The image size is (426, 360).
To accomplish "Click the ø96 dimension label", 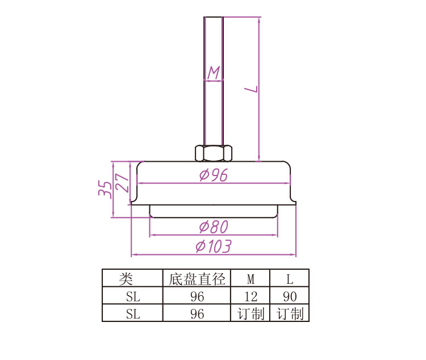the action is click(213, 175).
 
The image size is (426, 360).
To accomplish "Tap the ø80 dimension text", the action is click(214, 227).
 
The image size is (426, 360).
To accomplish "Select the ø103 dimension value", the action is click(214, 246).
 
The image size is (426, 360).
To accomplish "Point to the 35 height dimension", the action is click(105, 189).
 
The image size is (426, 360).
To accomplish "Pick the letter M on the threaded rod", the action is click(214, 73).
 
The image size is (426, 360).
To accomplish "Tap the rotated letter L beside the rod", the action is click(250, 89).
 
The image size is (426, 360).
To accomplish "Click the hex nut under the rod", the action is click(214, 153).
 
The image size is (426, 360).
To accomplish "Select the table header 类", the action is click(126, 279).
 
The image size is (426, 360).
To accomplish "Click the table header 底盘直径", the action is click(197, 279).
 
